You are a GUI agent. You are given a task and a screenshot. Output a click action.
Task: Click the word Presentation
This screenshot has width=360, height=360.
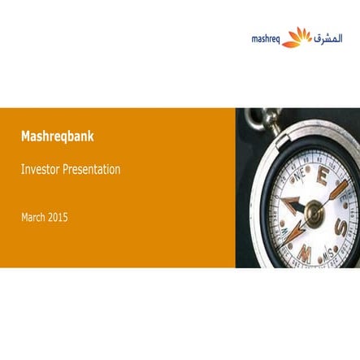[93, 170]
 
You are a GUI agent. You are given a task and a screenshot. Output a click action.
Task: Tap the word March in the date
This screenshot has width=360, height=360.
[33, 217]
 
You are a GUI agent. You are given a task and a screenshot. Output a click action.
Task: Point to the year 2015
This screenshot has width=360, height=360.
[58, 217]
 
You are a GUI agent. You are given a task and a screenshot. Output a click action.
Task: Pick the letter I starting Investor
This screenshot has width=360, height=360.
[23, 170]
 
